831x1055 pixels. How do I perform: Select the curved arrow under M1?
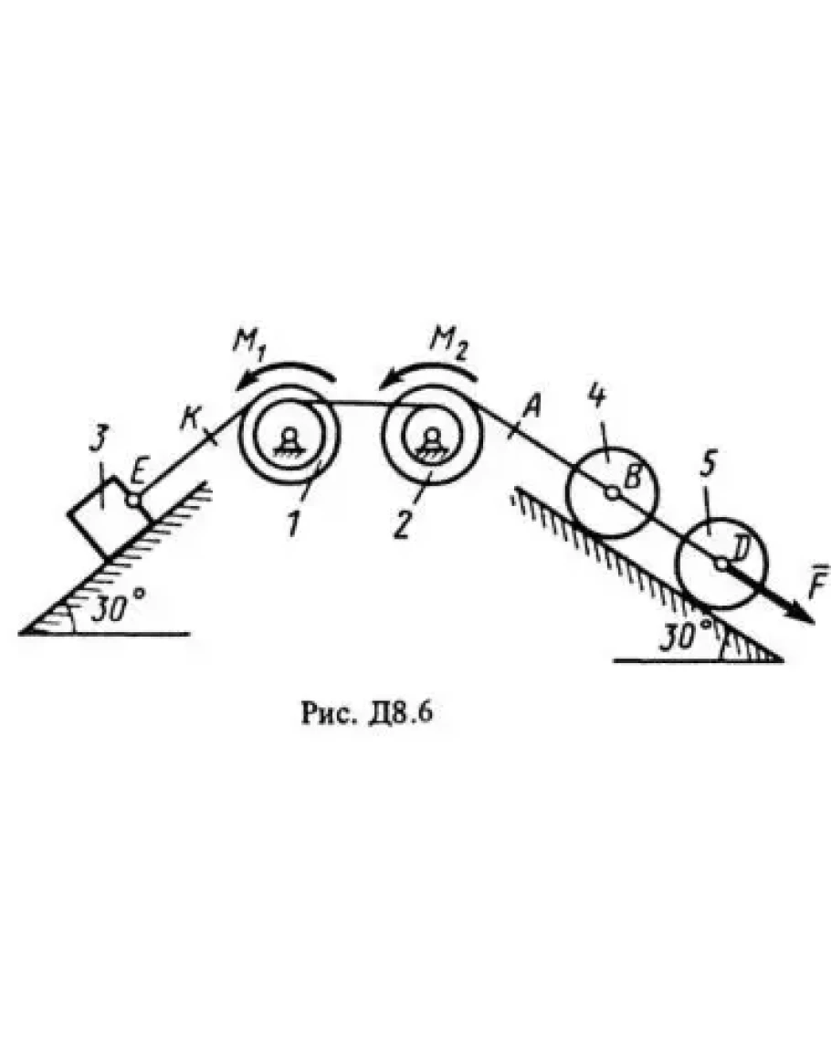[x=285, y=375]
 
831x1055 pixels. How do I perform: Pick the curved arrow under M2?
[x=428, y=375]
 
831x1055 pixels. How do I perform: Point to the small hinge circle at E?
[x=134, y=500]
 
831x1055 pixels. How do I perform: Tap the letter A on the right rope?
[x=532, y=406]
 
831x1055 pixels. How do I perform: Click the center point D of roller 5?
[x=721, y=564]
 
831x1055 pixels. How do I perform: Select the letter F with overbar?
[x=816, y=581]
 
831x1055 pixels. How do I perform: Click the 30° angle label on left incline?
[x=117, y=607]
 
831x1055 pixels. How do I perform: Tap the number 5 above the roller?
[x=709, y=466]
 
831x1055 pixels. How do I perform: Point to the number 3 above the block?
[x=99, y=441]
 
